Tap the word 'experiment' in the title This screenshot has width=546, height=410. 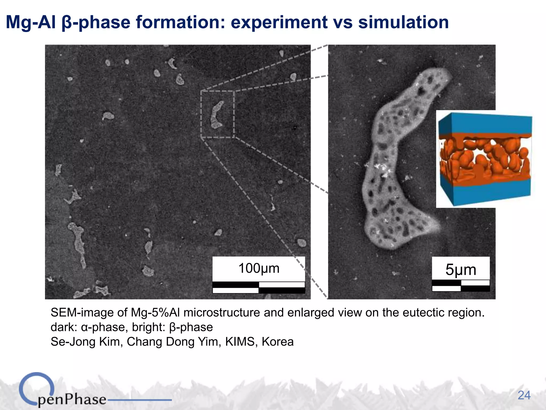click(x=279, y=22)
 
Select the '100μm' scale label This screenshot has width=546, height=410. click(x=259, y=268)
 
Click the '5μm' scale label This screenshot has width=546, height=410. click(x=461, y=270)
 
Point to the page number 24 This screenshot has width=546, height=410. click(x=524, y=395)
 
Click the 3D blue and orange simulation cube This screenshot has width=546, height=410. click(x=484, y=159)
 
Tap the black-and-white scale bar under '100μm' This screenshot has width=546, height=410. click(x=259, y=287)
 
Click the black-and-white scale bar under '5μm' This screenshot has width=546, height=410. click(x=461, y=286)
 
